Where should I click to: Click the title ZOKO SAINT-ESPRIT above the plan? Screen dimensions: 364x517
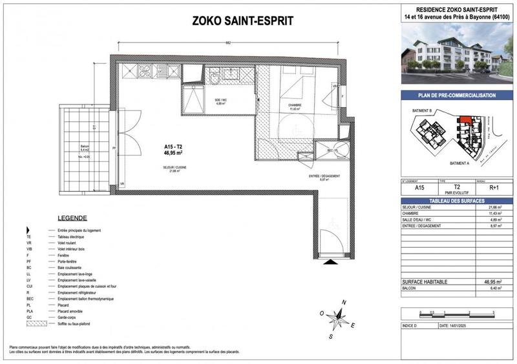(243, 21)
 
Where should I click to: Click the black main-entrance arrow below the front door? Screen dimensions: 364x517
(330, 262)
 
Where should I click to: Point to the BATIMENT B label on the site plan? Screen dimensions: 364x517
(422, 111)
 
